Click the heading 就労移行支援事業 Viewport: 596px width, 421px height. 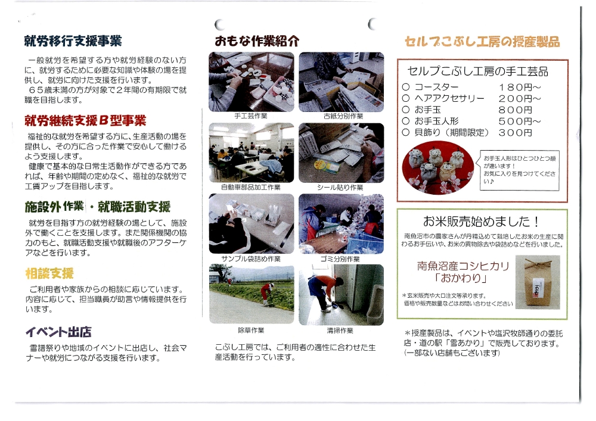73,40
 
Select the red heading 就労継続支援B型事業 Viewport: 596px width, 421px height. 85,121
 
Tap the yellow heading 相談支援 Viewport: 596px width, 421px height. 49,273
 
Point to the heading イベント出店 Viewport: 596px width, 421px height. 58,332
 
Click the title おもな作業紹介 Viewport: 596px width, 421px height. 257,40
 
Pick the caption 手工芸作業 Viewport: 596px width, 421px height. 251,116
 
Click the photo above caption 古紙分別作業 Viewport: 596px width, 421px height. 342,82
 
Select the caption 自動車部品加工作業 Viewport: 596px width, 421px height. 251,187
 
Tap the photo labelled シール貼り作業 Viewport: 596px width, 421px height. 342,153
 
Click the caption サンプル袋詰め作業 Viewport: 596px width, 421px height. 251,259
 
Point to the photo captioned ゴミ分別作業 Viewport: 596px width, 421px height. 342,224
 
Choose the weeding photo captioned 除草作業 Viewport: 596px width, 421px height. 252,294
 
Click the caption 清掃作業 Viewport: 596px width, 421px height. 340,330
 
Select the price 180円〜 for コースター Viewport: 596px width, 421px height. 520,88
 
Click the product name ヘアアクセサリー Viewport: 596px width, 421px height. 449,99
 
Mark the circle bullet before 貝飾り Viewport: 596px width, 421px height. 405,132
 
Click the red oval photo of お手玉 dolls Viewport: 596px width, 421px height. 438,168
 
